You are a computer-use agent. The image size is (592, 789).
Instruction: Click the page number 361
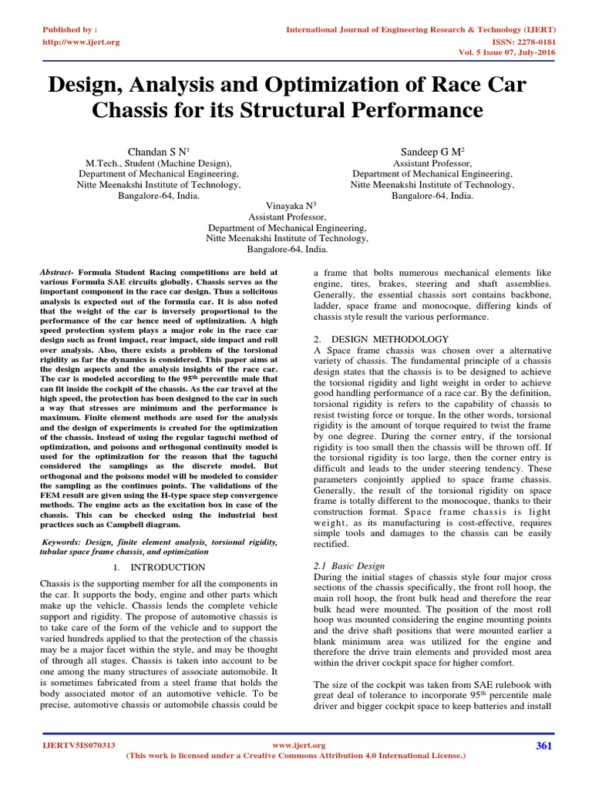click(545, 745)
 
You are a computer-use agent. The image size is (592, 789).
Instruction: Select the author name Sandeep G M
click(432, 151)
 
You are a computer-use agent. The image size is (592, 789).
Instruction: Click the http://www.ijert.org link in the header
click(79, 42)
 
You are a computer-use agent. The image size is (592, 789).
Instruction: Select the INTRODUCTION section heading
click(163, 566)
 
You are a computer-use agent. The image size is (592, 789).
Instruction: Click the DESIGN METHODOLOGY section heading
click(385, 339)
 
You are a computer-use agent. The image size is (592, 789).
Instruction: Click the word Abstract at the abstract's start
click(55, 274)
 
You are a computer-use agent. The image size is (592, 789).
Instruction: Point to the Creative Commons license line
click(296, 756)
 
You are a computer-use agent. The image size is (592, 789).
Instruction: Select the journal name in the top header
click(422, 29)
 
